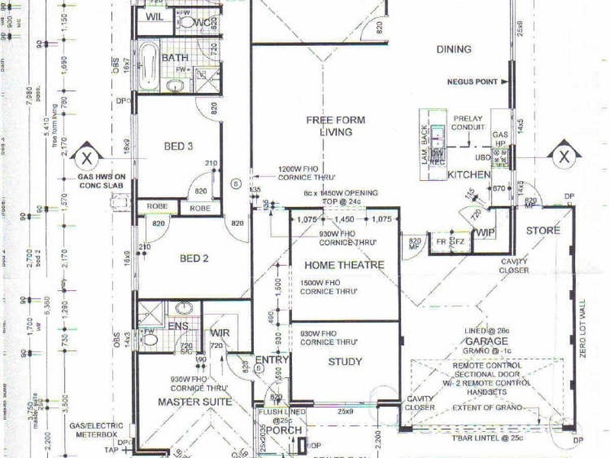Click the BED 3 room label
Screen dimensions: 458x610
coord(178,147)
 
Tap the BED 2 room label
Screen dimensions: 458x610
coord(194,258)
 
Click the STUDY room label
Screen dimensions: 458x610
coord(345,361)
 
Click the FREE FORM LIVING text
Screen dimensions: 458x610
coord(329,126)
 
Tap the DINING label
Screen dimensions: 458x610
coord(454,50)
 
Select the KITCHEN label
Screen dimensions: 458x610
coord(468,175)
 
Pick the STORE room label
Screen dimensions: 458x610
coord(543,231)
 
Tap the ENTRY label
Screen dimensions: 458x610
coord(271,361)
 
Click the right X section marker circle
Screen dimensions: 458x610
coord(563,158)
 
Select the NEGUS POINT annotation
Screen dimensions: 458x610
coord(473,82)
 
